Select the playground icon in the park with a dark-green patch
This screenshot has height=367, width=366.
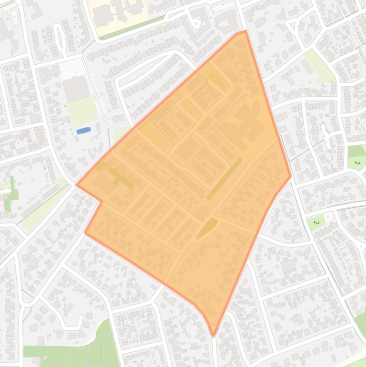tap(357, 163)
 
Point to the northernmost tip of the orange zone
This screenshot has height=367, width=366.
tap(245, 31)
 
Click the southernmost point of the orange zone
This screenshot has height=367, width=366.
tap(213, 336)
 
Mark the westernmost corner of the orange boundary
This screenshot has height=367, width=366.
tap(77, 184)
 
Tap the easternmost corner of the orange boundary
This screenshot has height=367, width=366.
tap(291, 176)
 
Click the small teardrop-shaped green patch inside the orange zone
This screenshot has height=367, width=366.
tap(207, 228)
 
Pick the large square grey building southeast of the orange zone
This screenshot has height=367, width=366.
tap(288, 266)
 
